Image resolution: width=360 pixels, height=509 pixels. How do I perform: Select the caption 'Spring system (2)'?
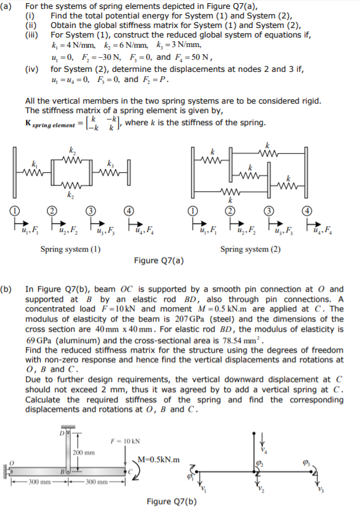pos(250,248)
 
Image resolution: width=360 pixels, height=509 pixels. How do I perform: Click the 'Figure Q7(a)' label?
pos(159,260)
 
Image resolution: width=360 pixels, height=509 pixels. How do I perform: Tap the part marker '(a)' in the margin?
pos(8,6)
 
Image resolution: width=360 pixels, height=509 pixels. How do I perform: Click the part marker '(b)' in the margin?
pos(8,288)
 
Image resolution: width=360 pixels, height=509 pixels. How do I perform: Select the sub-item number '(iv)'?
pos(32,69)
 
